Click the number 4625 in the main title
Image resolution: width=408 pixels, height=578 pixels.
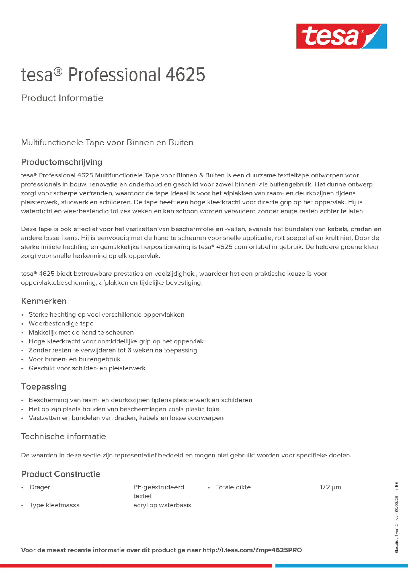[x=185, y=75]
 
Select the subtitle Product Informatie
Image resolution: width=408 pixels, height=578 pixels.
[x=62, y=98]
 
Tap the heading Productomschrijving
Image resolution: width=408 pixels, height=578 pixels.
[x=61, y=162]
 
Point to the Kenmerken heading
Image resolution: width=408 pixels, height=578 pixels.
[x=44, y=301]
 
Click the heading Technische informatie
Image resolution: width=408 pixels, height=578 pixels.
[x=63, y=436]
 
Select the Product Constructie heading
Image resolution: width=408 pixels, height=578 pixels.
[x=61, y=474]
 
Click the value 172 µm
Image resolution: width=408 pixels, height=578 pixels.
[x=330, y=487]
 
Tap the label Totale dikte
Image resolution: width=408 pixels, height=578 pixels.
[x=233, y=487]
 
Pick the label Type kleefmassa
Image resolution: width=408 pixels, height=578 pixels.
[x=54, y=505]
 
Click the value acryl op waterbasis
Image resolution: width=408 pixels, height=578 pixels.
[x=162, y=505]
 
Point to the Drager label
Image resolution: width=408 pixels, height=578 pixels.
[x=40, y=487]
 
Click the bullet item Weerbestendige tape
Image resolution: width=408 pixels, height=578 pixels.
[x=61, y=323]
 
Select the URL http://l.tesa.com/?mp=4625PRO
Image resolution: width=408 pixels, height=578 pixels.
[x=252, y=550]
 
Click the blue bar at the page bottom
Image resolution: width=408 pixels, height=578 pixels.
[x=341, y=566]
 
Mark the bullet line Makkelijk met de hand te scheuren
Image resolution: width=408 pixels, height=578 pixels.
[x=81, y=332]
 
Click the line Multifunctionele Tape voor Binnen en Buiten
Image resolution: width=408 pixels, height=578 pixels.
[x=107, y=142]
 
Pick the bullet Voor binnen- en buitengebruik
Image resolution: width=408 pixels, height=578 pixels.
[x=74, y=359]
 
